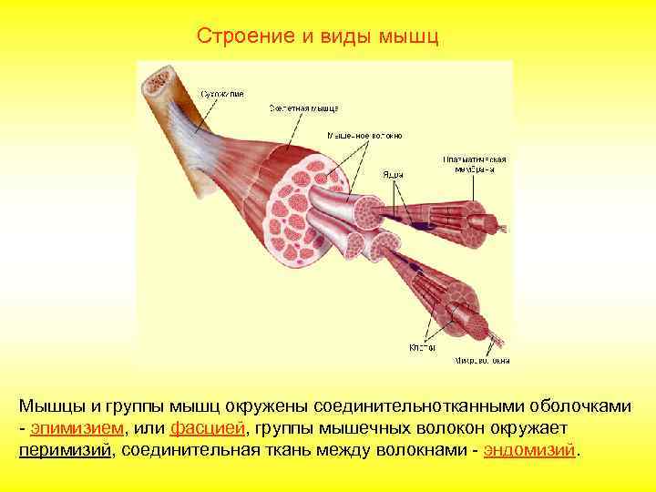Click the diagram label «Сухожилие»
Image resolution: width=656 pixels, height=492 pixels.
point(223,92)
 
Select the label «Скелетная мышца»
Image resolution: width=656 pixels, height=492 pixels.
point(303,108)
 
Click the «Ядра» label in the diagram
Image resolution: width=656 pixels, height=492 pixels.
point(394,174)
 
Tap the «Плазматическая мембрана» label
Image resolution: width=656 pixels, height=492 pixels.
point(475,164)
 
